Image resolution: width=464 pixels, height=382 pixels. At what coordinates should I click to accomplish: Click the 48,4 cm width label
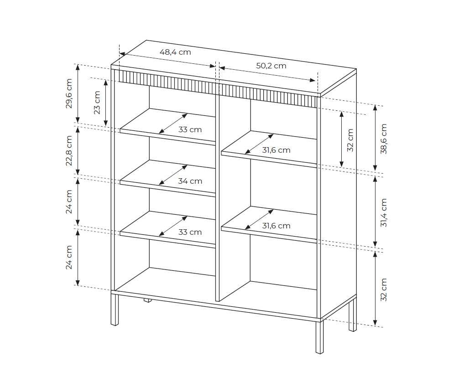click(x=175, y=52)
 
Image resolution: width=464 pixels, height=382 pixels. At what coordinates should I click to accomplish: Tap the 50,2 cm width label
click(x=271, y=66)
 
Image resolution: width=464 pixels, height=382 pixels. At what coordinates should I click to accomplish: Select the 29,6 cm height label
click(x=69, y=93)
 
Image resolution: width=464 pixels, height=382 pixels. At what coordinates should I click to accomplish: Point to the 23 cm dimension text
click(x=97, y=102)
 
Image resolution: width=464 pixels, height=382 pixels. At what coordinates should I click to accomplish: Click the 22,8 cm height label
click(x=69, y=151)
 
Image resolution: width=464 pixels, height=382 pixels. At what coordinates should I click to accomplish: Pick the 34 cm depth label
click(x=190, y=181)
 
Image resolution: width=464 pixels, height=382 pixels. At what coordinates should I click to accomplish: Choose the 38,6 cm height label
click(x=384, y=139)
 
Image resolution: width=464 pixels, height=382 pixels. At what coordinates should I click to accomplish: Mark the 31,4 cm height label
click(x=384, y=212)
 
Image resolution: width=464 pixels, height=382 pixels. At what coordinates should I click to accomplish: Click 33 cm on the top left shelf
click(x=190, y=129)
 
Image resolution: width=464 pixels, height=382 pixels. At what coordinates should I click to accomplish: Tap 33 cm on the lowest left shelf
click(x=190, y=232)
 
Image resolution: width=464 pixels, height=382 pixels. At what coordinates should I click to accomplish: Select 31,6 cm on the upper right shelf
click(x=276, y=150)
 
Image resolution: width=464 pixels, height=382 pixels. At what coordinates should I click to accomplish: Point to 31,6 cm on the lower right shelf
click(x=276, y=226)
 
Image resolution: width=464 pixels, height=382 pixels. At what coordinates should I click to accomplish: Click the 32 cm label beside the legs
click(x=384, y=289)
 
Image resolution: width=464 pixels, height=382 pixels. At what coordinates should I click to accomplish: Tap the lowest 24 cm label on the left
click(x=69, y=257)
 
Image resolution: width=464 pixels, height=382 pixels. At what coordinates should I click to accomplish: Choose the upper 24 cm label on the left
click(x=69, y=201)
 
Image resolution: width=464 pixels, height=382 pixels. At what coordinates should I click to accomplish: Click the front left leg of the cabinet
click(x=115, y=309)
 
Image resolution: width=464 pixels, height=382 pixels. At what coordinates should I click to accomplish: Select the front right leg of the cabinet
click(x=320, y=337)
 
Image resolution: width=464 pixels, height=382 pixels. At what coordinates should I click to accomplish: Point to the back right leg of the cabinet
click(x=353, y=315)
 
